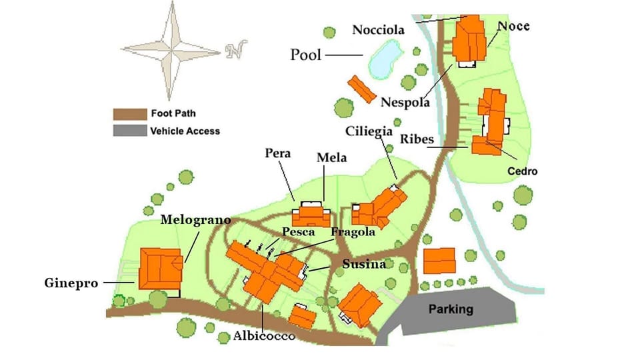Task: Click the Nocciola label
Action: click(x=379, y=30)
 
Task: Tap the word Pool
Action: click(x=305, y=55)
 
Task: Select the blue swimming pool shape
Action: click(x=382, y=59)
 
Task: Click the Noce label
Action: click(x=513, y=26)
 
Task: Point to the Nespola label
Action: click(x=405, y=103)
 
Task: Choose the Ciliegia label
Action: click(x=368, y=131)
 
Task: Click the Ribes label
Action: click(x=417, y=140)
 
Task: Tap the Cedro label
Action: click(x=522, y=171)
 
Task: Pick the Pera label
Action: click(x=277, y=153)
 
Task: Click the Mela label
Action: click(x=331, y=158)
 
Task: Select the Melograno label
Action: click(x=195, y=219)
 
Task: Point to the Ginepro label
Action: click(x=73, y=283)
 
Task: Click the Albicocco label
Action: click(x=264, y=337)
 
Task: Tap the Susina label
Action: click(x=364, y=264)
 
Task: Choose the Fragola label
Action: click(x=353, y=232)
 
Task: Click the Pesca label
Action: click(x=298, y=232)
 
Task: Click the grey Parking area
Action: click(x=451, y=309)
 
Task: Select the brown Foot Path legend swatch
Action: click(x=129, y=114)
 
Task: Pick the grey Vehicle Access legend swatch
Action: click(x=129, y=131)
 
